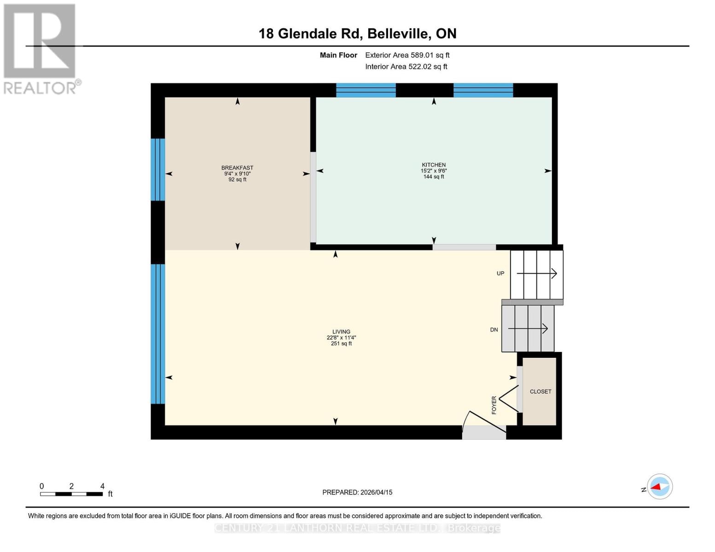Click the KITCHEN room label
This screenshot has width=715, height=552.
[x=434, y=165]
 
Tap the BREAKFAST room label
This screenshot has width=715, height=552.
[x=237, y=168]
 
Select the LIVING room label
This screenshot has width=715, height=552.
[x=341, y=332]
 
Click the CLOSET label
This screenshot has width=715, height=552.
[x=540, y=391]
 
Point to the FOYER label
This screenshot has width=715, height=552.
[x=494, y=405]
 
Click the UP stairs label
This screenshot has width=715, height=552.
[x=500, y=273]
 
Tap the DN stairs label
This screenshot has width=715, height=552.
[x=494, y=330]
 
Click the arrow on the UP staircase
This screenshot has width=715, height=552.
[x=537, y=274]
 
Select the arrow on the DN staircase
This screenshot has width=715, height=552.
[x=528, y=328]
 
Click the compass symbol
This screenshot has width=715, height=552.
[x=659, y=487]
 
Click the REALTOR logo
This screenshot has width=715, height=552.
[x=41, y=48]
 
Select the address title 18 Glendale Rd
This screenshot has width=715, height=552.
[x=357, y=34]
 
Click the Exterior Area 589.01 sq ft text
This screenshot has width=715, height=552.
[x=407, y=55]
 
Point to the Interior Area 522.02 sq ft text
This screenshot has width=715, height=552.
[x=406, y=67]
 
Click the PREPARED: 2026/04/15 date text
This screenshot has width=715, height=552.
[x=357, y=492]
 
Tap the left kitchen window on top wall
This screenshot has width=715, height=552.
[x=366, y=90]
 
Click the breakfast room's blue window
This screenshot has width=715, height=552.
[x=157, y=170]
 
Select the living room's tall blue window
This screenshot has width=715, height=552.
[x=157, y=334]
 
